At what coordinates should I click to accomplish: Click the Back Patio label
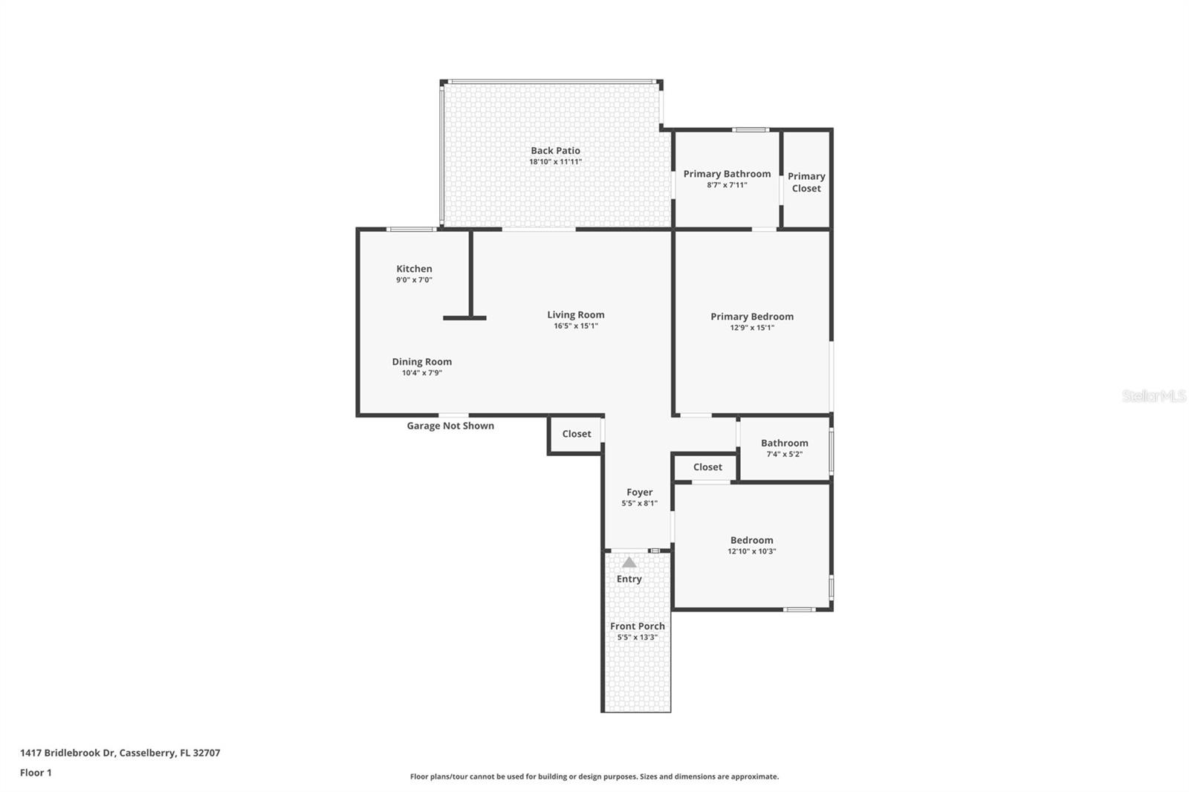(555, 150)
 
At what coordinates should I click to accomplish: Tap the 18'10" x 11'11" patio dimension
(555, 162)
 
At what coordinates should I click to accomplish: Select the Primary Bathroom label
(727, 174)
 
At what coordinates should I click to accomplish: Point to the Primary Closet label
(806, 182)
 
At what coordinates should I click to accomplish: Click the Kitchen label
(414, 269)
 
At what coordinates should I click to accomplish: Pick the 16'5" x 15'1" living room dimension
(576, 326)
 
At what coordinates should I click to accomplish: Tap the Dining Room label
(421, 362)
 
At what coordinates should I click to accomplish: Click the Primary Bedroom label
(751, 317)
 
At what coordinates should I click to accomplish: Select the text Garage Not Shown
(450, 426)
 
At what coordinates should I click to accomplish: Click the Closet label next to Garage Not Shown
(576, 434)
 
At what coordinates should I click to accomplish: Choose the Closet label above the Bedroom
(707, 467)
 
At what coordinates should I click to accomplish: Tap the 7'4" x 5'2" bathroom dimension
(784, 454)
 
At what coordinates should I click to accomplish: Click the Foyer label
(639, 492)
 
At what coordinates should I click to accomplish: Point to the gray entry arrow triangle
(629, 562)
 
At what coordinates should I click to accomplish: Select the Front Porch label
(637, 626)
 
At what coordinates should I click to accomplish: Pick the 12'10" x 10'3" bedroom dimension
(751, 551)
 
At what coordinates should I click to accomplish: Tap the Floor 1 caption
(36, 773)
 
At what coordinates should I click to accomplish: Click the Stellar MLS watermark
(1153, 396)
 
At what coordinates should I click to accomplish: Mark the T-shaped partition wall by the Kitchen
(470, 297)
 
